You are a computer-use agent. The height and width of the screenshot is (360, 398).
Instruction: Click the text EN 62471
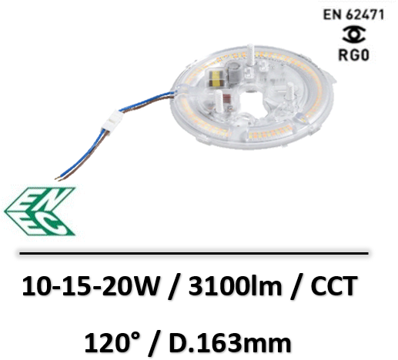(353, 15)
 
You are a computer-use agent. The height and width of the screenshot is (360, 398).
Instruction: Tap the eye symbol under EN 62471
(354, 35)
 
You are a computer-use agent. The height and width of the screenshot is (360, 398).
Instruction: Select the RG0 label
(354, 55)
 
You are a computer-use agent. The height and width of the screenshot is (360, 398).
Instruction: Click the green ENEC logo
(40, 212)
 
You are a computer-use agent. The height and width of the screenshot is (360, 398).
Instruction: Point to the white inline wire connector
(112, 122)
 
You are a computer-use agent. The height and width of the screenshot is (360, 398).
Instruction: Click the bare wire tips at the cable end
(59, 178)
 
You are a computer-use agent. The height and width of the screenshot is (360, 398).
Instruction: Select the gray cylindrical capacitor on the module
(233, 71)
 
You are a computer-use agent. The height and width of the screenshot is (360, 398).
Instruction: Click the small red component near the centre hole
(227, 100)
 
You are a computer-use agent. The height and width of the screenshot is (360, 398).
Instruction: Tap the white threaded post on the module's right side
(290, 94)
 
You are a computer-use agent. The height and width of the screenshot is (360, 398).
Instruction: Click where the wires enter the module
(176, 92)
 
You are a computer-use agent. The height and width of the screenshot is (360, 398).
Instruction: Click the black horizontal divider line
(194, 253)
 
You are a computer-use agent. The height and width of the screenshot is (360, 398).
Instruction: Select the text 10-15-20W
(89, 286)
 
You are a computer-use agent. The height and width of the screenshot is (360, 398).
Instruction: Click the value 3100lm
(235, 285)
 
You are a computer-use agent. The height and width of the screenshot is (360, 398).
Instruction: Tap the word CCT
(334, 286)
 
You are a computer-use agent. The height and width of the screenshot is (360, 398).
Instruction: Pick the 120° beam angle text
(112, 342)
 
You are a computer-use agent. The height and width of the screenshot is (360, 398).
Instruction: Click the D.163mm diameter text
(230, 343)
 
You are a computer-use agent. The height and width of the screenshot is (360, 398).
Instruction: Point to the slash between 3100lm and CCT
(296, 286)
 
